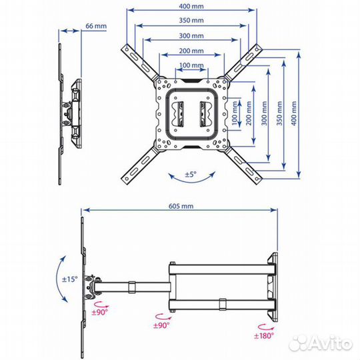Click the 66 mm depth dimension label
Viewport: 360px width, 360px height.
pyautogui.click(x=96, y=26)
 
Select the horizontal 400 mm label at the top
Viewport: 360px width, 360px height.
pyautogui.click(x=191, y=6)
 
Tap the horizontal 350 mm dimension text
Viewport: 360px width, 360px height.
pyautogui.click(x=191, y=21)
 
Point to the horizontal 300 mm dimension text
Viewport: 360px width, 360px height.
pyautogui.click(x=191, y=36)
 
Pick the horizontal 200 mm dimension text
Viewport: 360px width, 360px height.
pyautogui.click(x=191, y=51)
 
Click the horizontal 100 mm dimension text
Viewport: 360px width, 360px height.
pyautogui.click(x=191, y=65)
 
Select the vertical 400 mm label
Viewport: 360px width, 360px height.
pyautogui.click(x=294, y=113)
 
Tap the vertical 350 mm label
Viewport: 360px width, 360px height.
pyautogui.click(x=279, y=113)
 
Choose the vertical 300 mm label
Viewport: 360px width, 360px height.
pyautogui.click(x=264, y=113)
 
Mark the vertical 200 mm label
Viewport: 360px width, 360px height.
pyautogui.click(x=249, y=113)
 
